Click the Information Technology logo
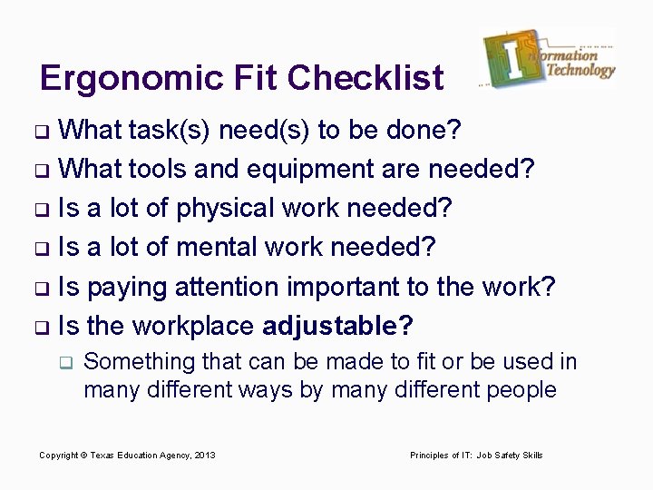550,59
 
